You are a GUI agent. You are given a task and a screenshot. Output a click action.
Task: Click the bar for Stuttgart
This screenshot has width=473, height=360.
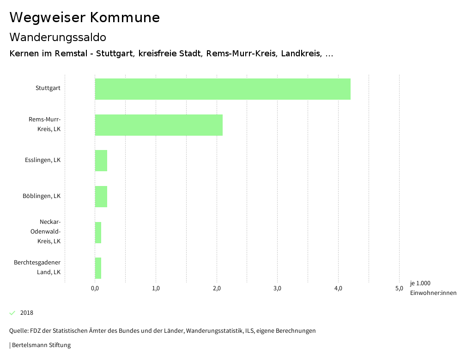coord(223,89)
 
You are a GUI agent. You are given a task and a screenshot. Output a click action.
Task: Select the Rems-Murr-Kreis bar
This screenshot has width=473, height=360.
coord(158,125)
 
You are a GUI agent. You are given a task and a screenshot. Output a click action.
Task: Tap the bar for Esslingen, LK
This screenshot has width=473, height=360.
coord(101,161)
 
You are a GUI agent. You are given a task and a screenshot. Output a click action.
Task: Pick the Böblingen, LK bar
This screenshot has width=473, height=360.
coord(101,197)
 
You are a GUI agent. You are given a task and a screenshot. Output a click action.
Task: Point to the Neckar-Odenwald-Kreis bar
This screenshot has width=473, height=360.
coord(98,233)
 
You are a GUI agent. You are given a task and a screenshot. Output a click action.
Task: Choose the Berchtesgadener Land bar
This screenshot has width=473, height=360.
coord(98,268)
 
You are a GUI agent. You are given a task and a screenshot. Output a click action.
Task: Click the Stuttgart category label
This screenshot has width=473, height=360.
coord(48,88)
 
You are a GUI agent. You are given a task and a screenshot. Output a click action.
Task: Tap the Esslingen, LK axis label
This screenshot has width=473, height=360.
coord(43,160)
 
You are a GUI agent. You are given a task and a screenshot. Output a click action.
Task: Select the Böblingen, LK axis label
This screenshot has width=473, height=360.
coord(42,196)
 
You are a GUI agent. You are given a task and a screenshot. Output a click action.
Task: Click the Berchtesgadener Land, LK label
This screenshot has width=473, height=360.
coord(37,267)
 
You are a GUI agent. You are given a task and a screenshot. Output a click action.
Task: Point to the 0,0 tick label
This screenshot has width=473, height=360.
coord(95,289)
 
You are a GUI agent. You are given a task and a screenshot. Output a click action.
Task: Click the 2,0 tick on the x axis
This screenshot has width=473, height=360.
coord(217,289)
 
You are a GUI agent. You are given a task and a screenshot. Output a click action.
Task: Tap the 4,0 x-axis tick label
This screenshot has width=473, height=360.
coord(338,289)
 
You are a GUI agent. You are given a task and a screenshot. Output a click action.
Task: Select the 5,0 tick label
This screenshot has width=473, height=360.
coord(399,289)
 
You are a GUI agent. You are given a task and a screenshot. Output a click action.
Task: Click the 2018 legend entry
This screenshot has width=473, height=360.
coord(27,313)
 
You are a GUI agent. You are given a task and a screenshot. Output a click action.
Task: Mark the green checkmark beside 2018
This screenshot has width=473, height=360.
coord(12,313)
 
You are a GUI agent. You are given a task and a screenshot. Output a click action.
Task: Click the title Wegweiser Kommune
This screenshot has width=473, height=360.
coord(85,18)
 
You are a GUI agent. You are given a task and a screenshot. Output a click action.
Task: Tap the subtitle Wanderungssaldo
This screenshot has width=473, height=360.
coord(58,37)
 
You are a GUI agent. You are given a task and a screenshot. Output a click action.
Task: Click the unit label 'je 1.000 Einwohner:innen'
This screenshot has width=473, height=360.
coord(433,288)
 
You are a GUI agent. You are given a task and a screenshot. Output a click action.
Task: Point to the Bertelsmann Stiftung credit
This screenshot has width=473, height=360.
coord(41,345)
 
